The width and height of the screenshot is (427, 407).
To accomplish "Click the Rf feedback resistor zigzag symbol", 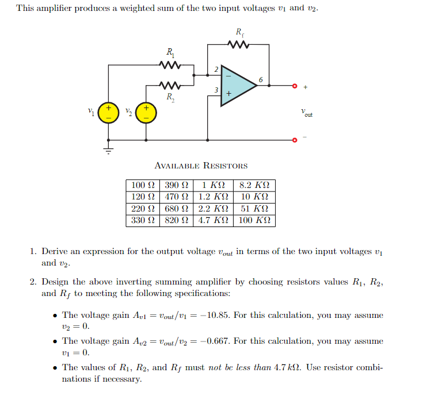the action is pyautogui.click(x=239, y=44).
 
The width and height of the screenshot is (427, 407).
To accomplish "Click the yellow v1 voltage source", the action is pyautogui.click(x=107, y=112).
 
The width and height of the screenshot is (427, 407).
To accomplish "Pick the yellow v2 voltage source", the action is pyautogui.click(x=146, y=112).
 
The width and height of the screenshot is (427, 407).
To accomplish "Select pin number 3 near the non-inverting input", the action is pyautogui.click(x=215, y=90).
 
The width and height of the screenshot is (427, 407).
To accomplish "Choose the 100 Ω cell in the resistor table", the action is pyautogui.click(x=143, y=186).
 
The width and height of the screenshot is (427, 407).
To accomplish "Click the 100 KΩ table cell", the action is pyautogui.click(x=254, y=220).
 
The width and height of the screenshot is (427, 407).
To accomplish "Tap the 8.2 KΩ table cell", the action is pyautogui.click(x=254, y=186).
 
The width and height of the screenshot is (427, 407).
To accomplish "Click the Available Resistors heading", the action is pyautogui.click(x=201, y=166).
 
